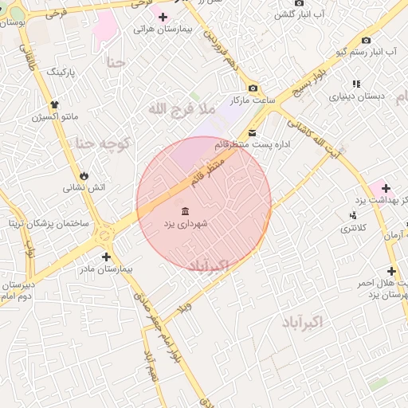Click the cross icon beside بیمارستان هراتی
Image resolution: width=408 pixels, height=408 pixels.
(163, 17)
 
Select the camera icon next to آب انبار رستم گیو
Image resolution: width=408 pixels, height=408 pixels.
(366, 40)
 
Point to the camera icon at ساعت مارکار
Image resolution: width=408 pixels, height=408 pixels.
(253, 88)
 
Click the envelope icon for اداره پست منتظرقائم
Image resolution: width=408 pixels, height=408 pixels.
(253, 132)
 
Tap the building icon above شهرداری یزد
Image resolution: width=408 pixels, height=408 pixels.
(186, 211)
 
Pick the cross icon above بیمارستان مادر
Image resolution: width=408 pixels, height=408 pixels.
(106, 257)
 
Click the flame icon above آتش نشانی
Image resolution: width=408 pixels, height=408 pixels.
(84, 175)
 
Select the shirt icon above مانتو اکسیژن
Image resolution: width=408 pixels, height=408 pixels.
(54, 104)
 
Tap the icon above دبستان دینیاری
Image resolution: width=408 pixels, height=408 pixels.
(356, 84)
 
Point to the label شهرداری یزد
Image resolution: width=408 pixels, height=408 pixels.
(186, 225)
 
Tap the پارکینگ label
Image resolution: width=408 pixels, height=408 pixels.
(61, 72)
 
